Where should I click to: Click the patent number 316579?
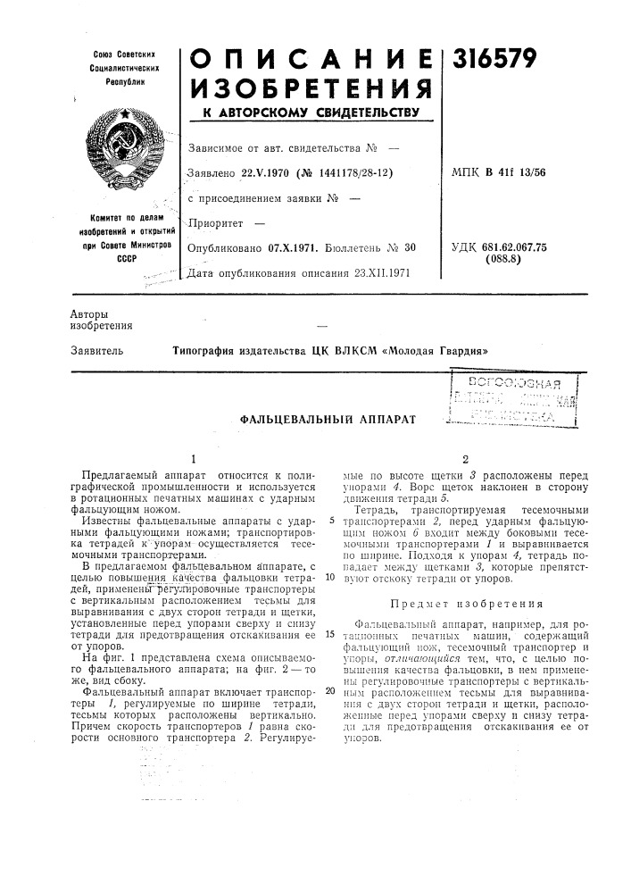point(496,58)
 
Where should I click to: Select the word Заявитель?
point(95,351)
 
